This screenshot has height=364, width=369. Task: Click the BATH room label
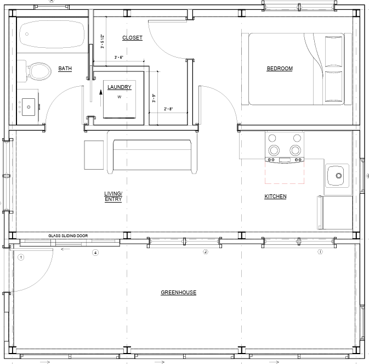click(65, 69)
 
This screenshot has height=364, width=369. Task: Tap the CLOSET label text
click(132, 38)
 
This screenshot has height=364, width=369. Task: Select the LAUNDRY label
click(119, 87)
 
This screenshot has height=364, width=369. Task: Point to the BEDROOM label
click(280, 69)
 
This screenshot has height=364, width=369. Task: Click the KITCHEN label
click(275, 197)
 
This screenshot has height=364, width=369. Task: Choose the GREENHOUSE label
click(178, 293)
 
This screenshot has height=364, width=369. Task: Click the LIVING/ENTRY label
click(113, 196)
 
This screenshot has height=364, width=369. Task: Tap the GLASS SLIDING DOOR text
click(68, 236)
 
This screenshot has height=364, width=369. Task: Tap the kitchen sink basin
click(338, 176)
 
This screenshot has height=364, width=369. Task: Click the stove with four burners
click(285, 147)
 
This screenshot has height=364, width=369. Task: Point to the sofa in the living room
click(151, 155)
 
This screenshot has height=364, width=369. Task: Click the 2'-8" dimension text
click(168, 109)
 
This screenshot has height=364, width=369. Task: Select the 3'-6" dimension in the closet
click(119, 58)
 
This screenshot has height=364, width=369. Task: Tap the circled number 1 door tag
click(21, 257)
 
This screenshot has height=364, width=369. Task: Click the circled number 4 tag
click(95, 253)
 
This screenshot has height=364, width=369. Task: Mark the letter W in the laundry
click(119, 97)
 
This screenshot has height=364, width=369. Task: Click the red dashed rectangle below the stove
click(285, 173)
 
